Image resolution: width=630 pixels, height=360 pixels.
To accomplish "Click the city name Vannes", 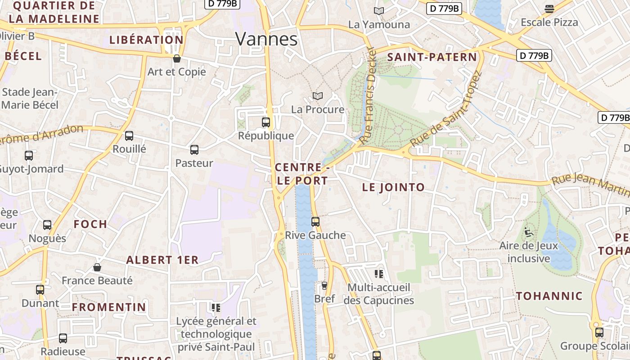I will (266, 40).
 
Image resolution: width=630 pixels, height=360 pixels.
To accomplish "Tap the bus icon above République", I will (266, 122).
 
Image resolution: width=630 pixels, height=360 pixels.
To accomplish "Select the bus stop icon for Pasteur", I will (194, 150).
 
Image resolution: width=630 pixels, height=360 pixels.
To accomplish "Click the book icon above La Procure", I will (318, 96).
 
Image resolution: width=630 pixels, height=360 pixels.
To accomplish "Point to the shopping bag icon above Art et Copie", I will (177, 58).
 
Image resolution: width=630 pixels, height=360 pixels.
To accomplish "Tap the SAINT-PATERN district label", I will (432, 57).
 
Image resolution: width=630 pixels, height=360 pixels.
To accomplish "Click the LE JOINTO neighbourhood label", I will (393, 187).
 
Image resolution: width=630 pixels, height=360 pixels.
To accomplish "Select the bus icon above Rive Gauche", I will (315, 221).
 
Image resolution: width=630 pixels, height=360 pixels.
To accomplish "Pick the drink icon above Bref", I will (324, 285).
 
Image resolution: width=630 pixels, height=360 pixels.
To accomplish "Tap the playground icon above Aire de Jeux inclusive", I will (528, 233).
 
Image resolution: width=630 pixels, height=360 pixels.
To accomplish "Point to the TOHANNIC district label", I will (549, 296).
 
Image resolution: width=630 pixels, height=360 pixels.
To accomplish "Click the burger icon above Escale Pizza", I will (549, 9).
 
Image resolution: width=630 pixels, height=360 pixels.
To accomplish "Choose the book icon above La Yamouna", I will (379, 11).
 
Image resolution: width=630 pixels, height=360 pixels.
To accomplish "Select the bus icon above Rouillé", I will (129, 135).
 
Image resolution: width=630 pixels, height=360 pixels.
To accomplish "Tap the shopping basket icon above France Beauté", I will (97, 267).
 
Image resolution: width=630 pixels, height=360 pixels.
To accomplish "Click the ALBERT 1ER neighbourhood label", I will (162, 260).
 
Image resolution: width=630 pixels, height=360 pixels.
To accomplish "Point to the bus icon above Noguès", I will (47, 225).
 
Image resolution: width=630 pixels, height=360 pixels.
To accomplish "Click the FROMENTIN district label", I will (109, 307).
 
